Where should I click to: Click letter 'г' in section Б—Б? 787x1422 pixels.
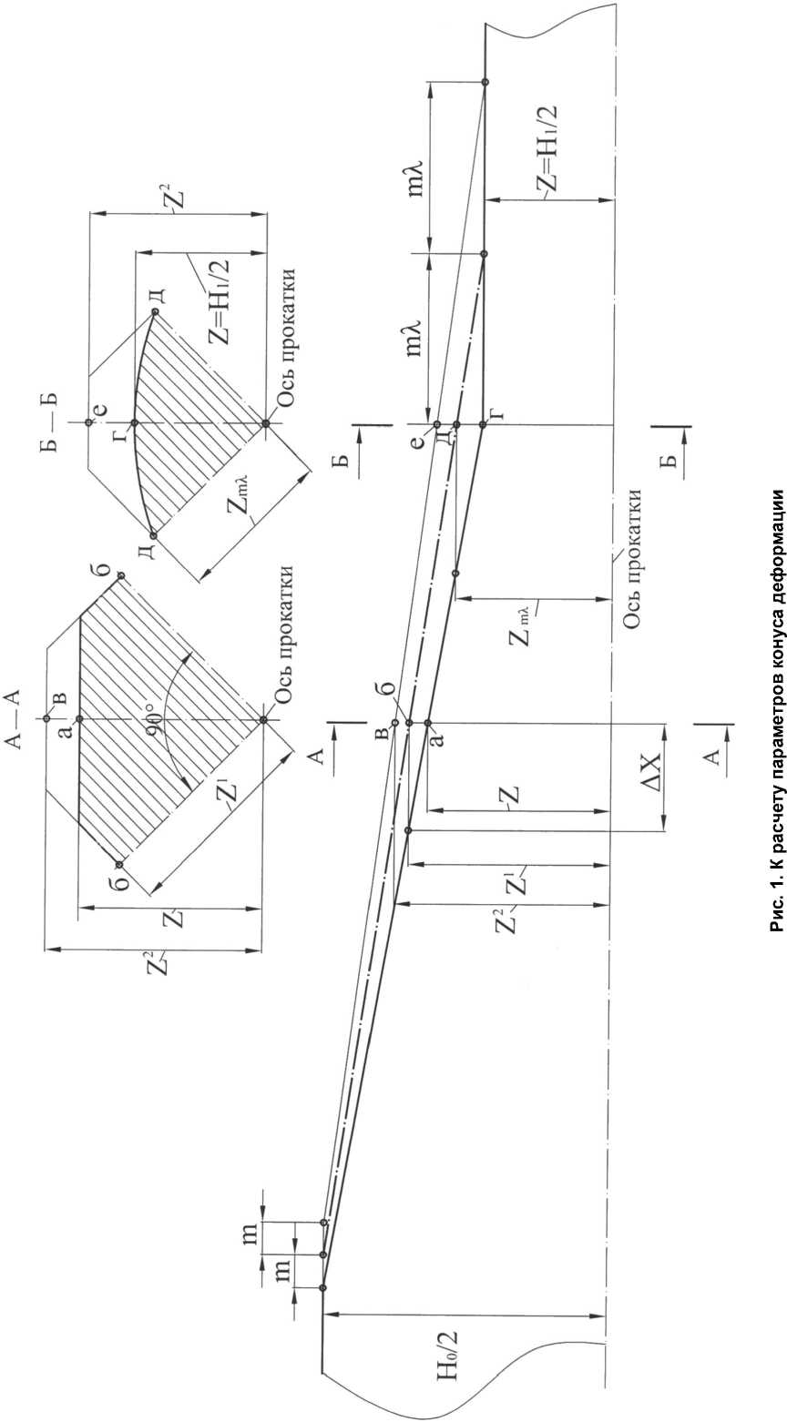pos(119,422)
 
